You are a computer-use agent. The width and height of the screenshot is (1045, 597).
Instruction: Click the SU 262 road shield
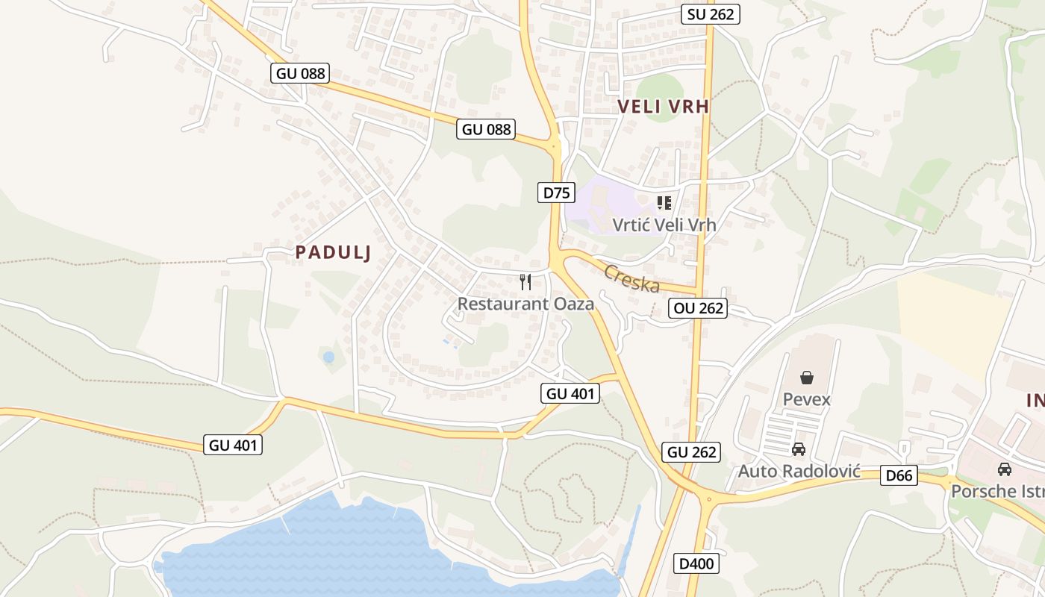[710, 13]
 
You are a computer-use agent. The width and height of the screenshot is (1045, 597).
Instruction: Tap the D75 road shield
[556, 193]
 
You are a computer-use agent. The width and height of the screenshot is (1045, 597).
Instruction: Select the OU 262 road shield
[697, 307]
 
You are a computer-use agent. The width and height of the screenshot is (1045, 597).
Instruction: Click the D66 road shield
[899, 475]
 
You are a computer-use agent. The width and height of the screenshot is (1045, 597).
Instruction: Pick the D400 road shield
[696, 563]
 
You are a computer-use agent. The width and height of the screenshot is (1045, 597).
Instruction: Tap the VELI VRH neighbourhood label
[663, 107]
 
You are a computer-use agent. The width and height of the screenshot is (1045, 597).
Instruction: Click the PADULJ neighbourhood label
[333, 252]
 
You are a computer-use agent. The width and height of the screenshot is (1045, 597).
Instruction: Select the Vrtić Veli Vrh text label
[664, 224]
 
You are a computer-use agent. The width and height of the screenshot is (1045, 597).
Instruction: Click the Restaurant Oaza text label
[525, 304]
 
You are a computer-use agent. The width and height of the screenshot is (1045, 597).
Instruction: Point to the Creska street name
[631, 278]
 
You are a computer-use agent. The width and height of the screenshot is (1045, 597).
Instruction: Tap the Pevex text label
[806, 399]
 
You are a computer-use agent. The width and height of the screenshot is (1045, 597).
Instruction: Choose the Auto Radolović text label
[799, 472]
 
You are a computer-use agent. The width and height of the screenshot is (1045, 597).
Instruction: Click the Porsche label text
[997, 491]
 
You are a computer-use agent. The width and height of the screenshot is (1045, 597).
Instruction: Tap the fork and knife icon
[525, 281]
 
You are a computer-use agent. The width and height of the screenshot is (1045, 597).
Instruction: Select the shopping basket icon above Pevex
[806, 378]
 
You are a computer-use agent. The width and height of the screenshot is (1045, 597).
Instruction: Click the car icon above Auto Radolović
[799, 449]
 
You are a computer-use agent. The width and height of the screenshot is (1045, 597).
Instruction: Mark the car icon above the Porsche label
[1005, 469]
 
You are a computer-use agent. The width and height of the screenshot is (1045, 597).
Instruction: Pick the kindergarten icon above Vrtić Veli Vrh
[664, 202]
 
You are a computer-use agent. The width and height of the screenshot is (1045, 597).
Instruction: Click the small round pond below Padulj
[328, 357]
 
